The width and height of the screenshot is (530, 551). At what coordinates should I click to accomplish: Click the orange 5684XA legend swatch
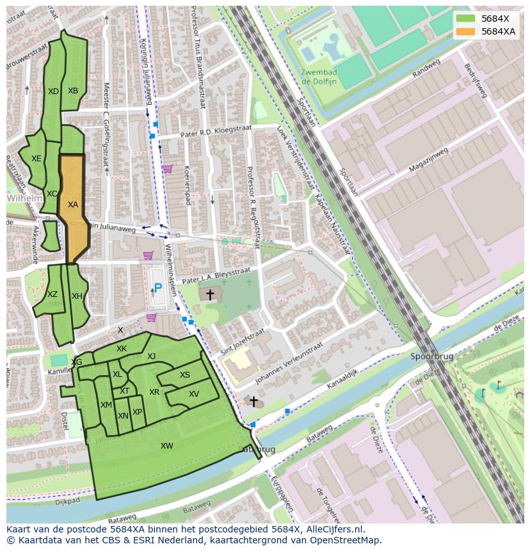(466, 31)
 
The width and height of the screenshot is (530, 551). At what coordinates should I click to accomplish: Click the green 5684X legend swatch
(466, 19)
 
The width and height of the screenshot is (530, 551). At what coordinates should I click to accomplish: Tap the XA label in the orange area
(73, 205)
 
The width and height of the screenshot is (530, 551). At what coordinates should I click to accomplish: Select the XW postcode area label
(167, 446)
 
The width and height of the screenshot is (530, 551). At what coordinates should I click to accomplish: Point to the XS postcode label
(184, 376)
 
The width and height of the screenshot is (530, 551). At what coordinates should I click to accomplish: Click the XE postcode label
(36, 159)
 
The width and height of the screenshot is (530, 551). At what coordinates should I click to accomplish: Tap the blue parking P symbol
(157, 289)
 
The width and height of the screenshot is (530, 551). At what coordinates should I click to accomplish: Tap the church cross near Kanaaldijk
(253, 402)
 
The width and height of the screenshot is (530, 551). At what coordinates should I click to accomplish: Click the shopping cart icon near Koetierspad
(167, 169)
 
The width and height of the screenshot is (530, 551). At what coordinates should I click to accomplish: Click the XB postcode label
(73, 91)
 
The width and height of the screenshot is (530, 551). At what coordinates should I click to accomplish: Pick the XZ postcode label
(52, 294)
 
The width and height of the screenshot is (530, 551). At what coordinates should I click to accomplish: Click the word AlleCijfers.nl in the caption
(332, 530)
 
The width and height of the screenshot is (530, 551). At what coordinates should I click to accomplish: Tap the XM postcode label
(106, 405)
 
